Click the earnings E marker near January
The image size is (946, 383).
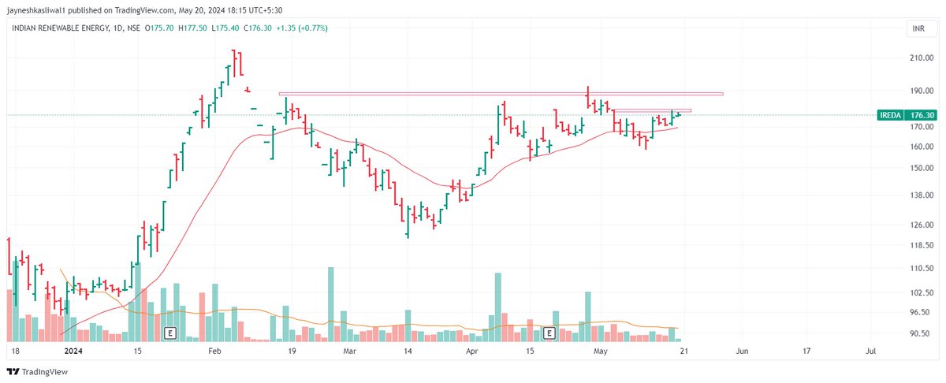(169, 333)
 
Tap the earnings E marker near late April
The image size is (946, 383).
(549, 333)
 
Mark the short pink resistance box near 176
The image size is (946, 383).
(652, 110)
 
